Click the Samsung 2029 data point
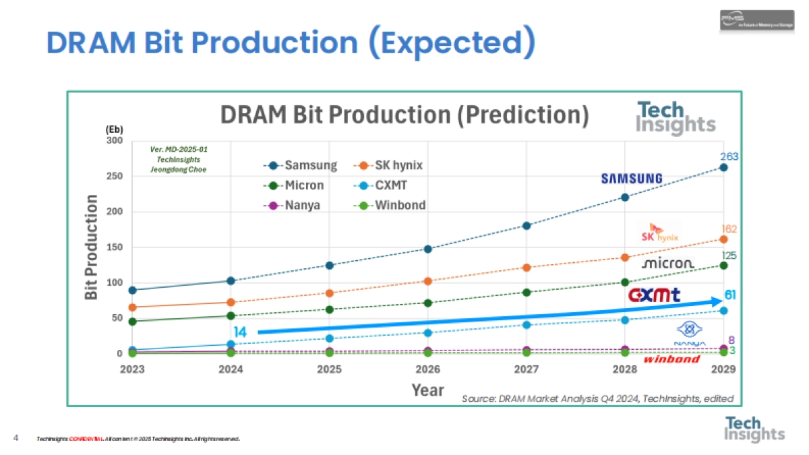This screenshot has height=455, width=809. pos(723,167)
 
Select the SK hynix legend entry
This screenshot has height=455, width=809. pos(388,165)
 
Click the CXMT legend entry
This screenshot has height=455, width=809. pos(388,185)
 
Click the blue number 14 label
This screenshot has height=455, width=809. pos(241,332)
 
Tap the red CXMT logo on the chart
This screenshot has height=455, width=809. pos(654,295)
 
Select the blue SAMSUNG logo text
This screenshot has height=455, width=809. pos(632,179)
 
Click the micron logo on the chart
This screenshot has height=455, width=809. pos(667,264)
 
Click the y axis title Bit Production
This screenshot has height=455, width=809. pos(92,247)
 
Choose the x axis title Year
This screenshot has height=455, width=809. pos(428,390)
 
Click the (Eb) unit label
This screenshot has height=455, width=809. pos(114,129)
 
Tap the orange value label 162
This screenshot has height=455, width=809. pos(729,229)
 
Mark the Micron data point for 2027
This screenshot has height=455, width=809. pos(527,292)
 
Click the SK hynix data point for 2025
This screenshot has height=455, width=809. pos(330,293)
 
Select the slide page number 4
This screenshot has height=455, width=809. pos(16,438)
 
